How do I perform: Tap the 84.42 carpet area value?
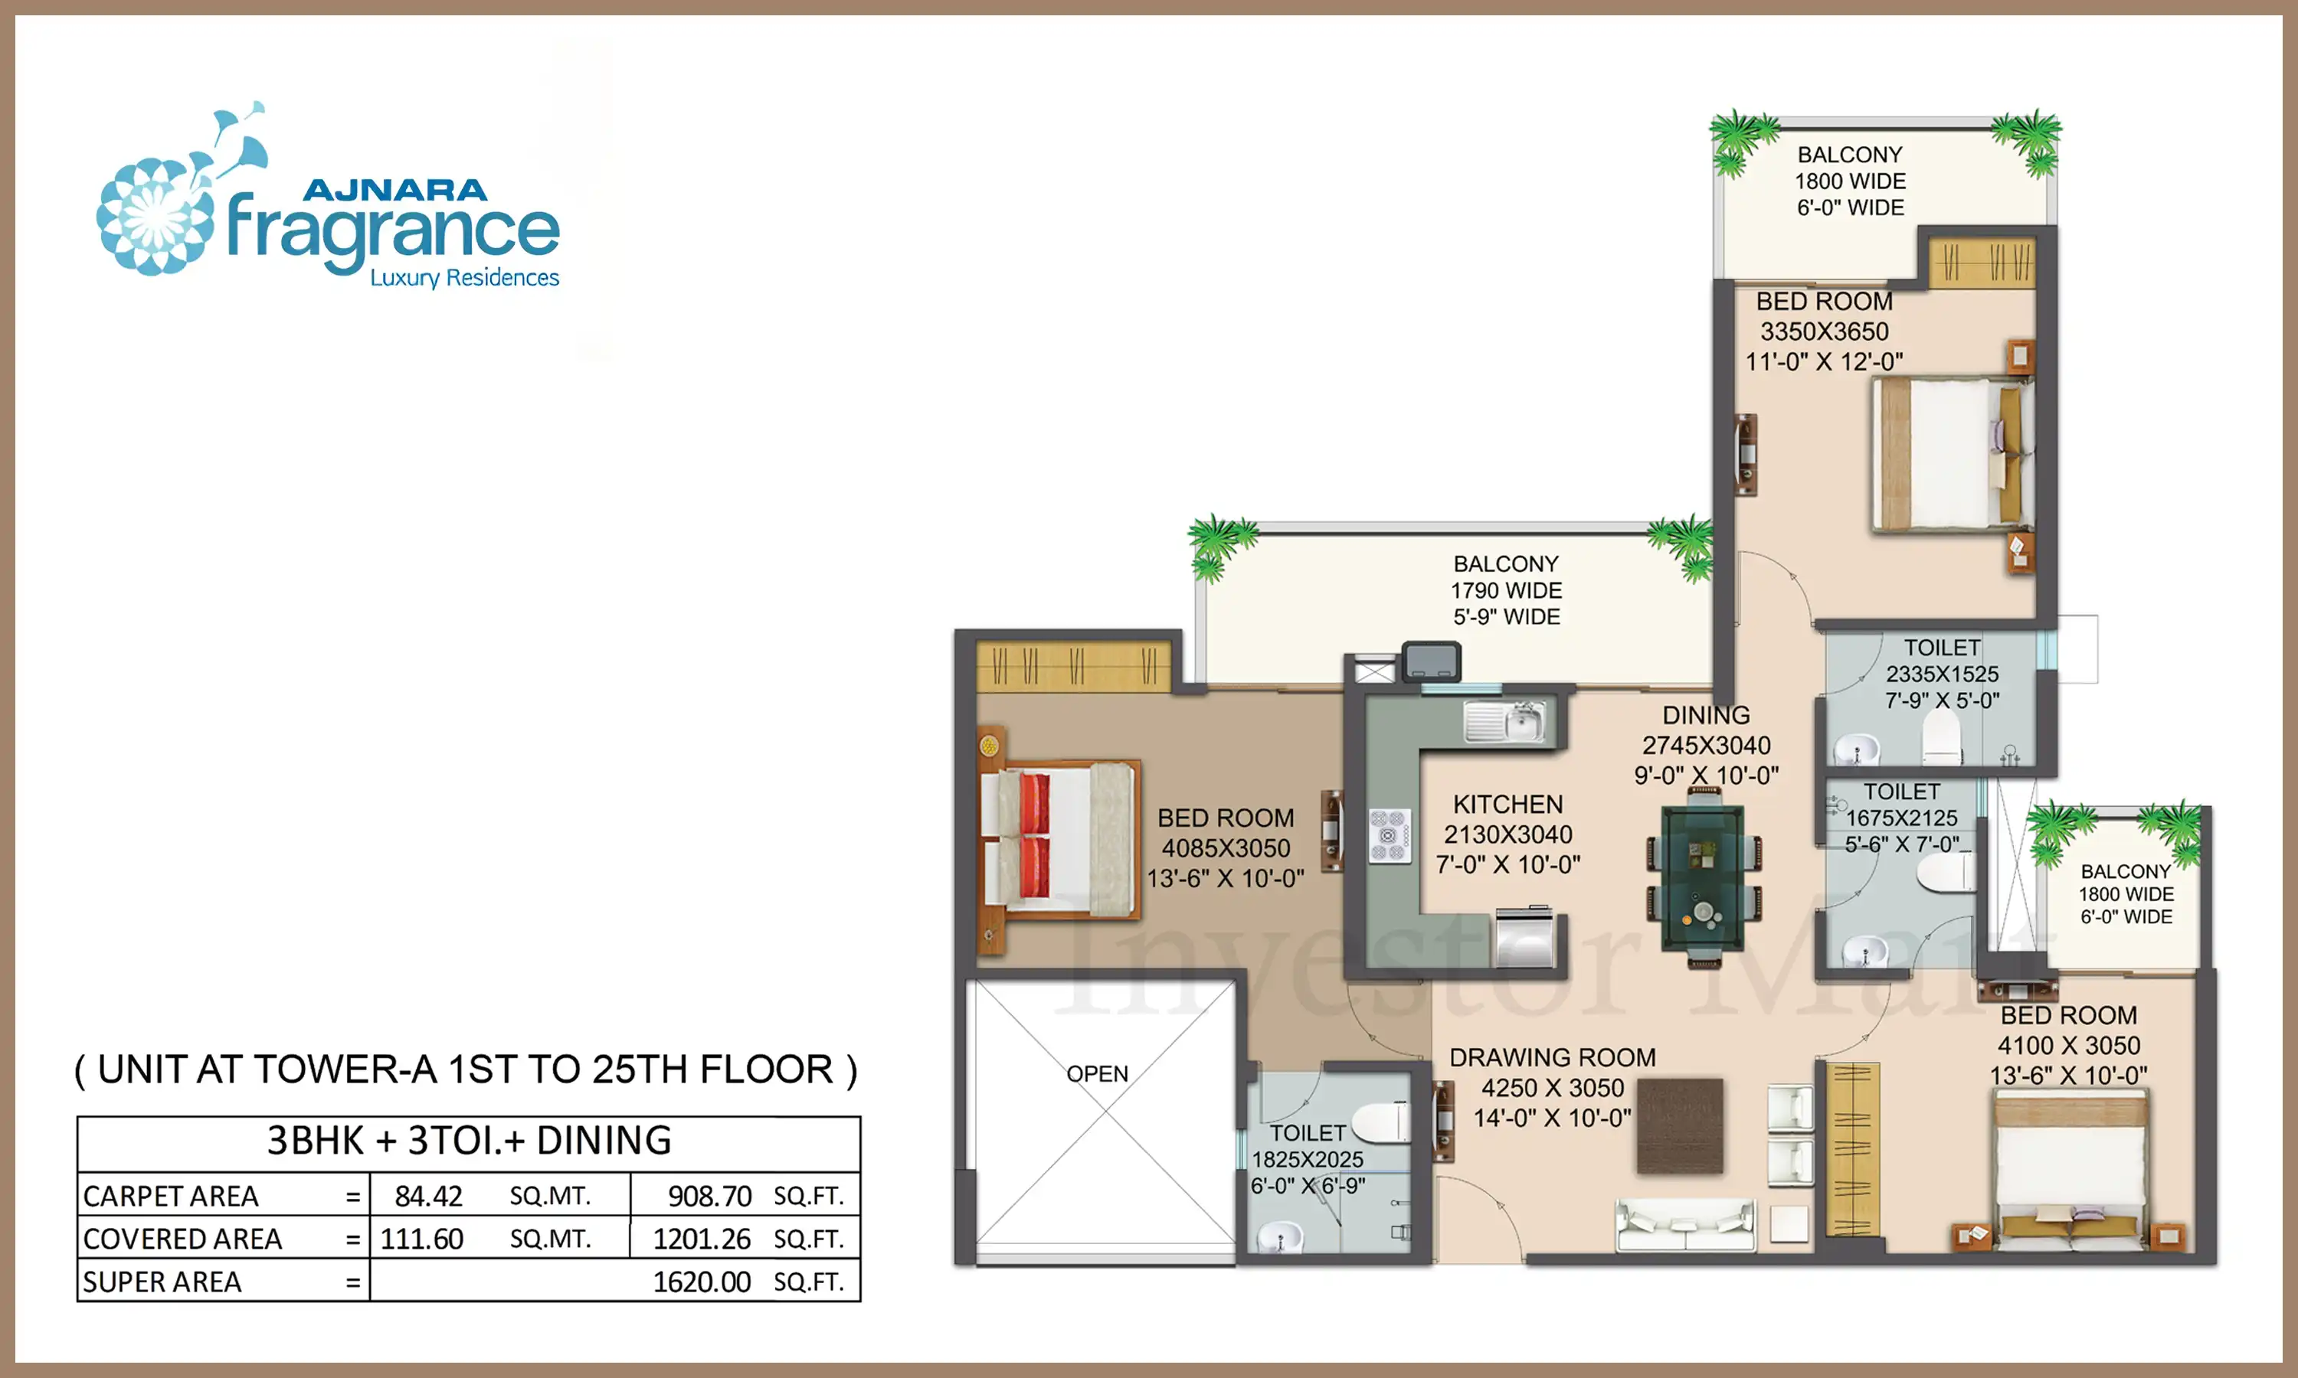pos(428,1196)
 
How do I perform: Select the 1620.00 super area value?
pos(702,1282)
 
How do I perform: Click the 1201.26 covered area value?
pos(702,1239)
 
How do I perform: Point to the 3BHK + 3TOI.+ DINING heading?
pos(469,1140)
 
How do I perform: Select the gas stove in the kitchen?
pos(1390,834)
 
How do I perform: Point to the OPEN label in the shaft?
pos(1097,1074)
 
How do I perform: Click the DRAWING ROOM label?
pos(1552,1058)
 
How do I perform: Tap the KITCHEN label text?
pos(1507,804)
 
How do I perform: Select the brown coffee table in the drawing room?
pos(1679,1125)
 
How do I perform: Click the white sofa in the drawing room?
pos(1686,1226)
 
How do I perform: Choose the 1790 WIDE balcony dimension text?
pos(1507,590)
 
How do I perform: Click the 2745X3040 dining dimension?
pos(1707,746)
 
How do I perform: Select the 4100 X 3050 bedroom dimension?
pos(2068,1046)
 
